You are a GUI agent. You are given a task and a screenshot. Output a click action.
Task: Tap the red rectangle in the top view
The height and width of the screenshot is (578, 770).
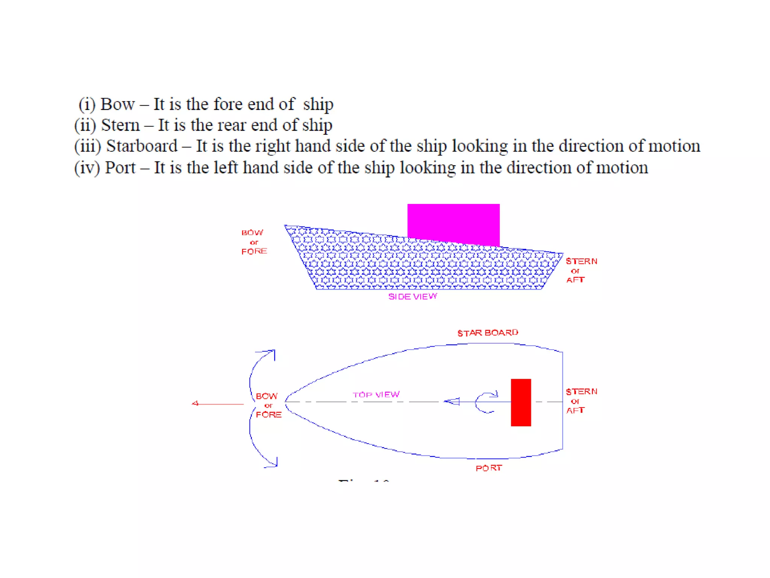[521, 402]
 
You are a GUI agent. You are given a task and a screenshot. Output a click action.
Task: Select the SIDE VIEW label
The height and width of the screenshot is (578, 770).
[412, 297]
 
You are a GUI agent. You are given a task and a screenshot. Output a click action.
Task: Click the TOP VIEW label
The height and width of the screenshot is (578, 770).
[376, 394]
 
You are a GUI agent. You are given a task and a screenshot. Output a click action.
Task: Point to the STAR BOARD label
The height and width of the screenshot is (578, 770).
[488, 333]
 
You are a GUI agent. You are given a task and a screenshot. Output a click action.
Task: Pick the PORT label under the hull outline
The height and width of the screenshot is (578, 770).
[489, 468]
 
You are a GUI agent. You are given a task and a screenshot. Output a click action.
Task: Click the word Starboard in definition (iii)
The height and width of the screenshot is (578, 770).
[142, 146]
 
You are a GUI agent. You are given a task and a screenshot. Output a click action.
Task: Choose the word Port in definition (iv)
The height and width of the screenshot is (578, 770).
[120, 167]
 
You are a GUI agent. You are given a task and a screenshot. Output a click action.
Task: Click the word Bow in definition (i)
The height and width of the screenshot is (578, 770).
[117, 104]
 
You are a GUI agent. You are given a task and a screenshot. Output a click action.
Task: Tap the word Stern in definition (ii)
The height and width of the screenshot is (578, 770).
[120, 125]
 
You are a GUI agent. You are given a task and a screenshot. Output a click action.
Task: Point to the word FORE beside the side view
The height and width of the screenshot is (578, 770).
[254, 251]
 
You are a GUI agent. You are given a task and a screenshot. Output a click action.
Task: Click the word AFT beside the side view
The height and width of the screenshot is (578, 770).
[575, 280]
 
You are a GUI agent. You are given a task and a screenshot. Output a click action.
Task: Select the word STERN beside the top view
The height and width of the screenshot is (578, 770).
[581, 391]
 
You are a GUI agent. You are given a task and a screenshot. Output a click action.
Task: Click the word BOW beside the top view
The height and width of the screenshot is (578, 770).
[267, 396]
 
